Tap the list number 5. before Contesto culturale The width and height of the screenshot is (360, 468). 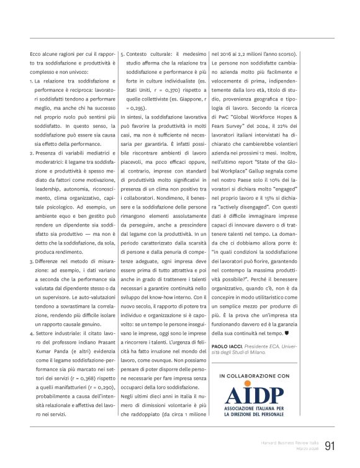point(122,54)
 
